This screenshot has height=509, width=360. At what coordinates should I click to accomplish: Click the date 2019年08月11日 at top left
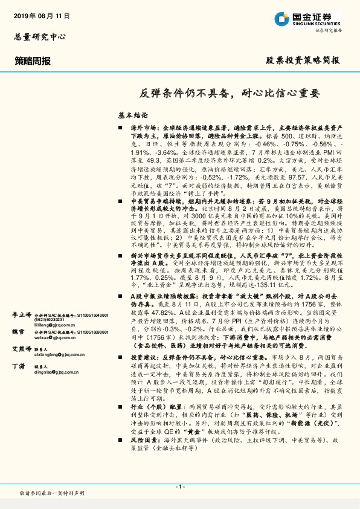tap(40, 15)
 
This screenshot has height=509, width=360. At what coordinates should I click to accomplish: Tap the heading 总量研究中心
tap(40, 36)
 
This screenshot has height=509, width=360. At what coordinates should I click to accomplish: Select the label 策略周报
tap(33, 61)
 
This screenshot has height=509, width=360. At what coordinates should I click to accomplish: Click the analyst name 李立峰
tap(22, 282)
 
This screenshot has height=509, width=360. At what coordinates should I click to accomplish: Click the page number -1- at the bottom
tap(179, 486)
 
